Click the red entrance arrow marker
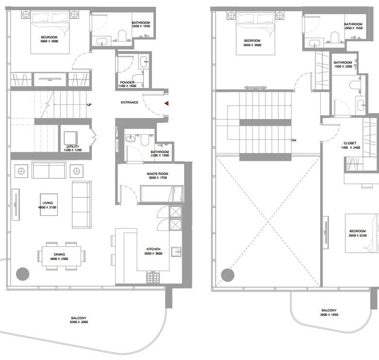pyautogui.click(x=167, y=103)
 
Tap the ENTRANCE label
pyautogui.click(x=130, y=103)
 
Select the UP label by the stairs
pyautogui.click(x=89, y=105)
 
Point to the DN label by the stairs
pyautogui.click(x=294, y=140)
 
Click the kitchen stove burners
pyautogui.click(x=153, y=277)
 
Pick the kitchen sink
pyautogui.click(x=176, y=252)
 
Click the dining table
pyautogui.click(x=61, y=256)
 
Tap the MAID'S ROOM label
pyautogui.click(x=157, y=174)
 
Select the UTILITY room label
pyautogui.click(x=73, y=146)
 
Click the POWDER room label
pyautogui.click(x=127, y=83)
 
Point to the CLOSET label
pyautogui.click(x=350, y=143)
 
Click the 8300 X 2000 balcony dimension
pyautogui.click(x=79, y=322)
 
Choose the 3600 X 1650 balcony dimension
pyautogui.click(x=329, y=315)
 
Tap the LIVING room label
pyautogui.click(x=48, y=203)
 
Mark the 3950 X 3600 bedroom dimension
pyautogui.click(x=252, y=45)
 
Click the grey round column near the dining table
pyautogui.click(x=23, y=274)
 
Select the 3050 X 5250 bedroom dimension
pyautogui.click(x=358, y=235)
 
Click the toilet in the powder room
pyautogui.click(x=138, y=79)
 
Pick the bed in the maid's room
pyautogui.click(x=162, y=194)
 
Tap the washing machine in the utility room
pyautogui.click(x=70, y=138)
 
